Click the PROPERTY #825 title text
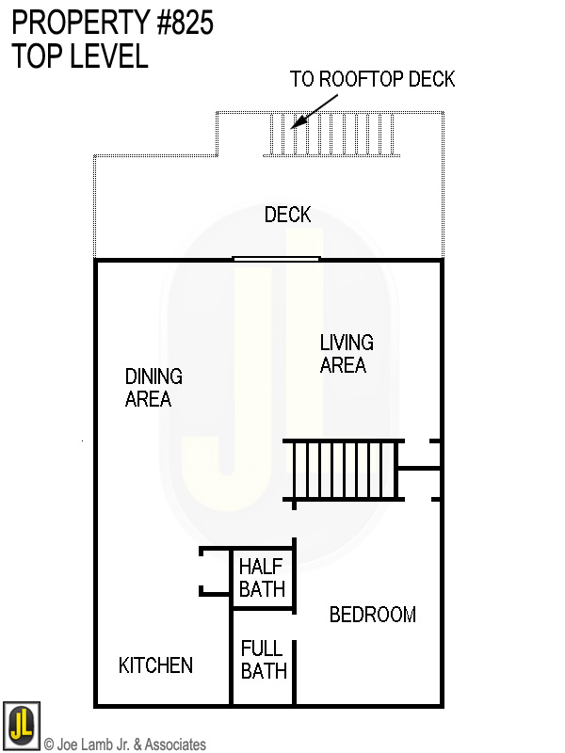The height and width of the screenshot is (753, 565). pyautogui.click(x=112, y=23)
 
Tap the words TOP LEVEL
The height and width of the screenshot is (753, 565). pyautogui.click(x=80, y=56)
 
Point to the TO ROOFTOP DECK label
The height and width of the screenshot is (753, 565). pyautogui.click(x=372, y=79)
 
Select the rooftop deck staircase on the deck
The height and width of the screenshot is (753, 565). pyautogui.click(x=333, y=136)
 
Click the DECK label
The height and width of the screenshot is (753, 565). pyautogui.click(x=287, y=216)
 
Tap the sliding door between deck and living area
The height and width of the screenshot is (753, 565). pyautogui.click(x=276, y=258)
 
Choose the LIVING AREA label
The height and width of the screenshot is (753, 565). pyautogui.click(x=346, y=354)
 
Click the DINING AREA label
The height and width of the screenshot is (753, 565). pyautogui.click(x=153, y=388)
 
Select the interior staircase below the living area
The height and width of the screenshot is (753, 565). pyautogui.click(x=345, y=469)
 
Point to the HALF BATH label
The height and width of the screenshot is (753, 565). pyautogui.click(x=262, y=578)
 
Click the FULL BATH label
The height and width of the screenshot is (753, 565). pyautogui.click(x=263, y=660)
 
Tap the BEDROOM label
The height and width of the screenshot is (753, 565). pyautogui.click(x=372, y=616)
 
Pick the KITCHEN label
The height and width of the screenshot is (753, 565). pyautogui.click(x=155, y=666)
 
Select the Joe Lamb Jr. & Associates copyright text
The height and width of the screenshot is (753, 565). pyautogui.click(x=125, y=745)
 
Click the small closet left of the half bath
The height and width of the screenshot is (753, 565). pyautogui.click(x=216, y=571)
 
